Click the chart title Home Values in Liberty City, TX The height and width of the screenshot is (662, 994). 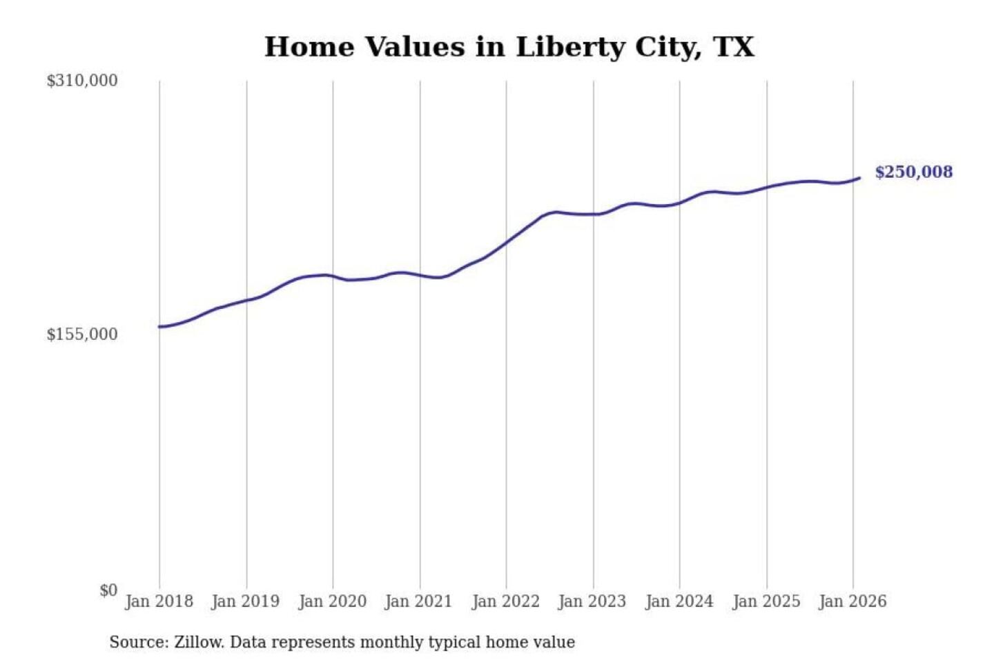pyautogui.click(x=509, y=47)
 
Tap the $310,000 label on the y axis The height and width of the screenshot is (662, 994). pyautogui.click(x=82, y=81)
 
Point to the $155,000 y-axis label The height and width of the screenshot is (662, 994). pyautogui.click(x=82, y=334)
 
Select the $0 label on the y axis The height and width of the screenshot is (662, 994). pyautogui.click(x=108, y=590)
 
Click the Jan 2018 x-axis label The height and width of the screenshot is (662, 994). pyautogui.click(x=159, y=601)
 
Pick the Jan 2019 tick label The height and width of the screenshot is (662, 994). pyautogui.click(x=246, y=601)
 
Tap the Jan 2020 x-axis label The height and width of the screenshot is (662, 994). pyautogui.click(x=332, y=601)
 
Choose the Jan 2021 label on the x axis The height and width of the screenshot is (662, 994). pyautogui.click(x=418, y=601)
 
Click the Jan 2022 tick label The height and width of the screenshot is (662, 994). pyautogui.click(x=505, y=601)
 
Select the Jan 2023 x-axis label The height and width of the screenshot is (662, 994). pyautogui.click(x=592, y=601)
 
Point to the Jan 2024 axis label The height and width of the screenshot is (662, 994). pyautogui.click(x=679, y=601)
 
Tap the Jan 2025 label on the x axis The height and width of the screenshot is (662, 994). pyautogui.click(x=766, y=601)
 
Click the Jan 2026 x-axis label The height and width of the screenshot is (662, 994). pyautogui.click(x=852, y=601)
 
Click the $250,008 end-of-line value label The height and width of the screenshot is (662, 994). pyautogui.click(x=913, y=172)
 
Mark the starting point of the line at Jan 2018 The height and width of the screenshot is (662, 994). pyautogui.click(x=159, y=327)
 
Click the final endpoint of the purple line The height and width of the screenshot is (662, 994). pyautogui.click(x=859, y=178)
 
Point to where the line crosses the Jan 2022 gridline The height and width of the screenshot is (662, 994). pyautogui.click(x=506, y=242)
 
